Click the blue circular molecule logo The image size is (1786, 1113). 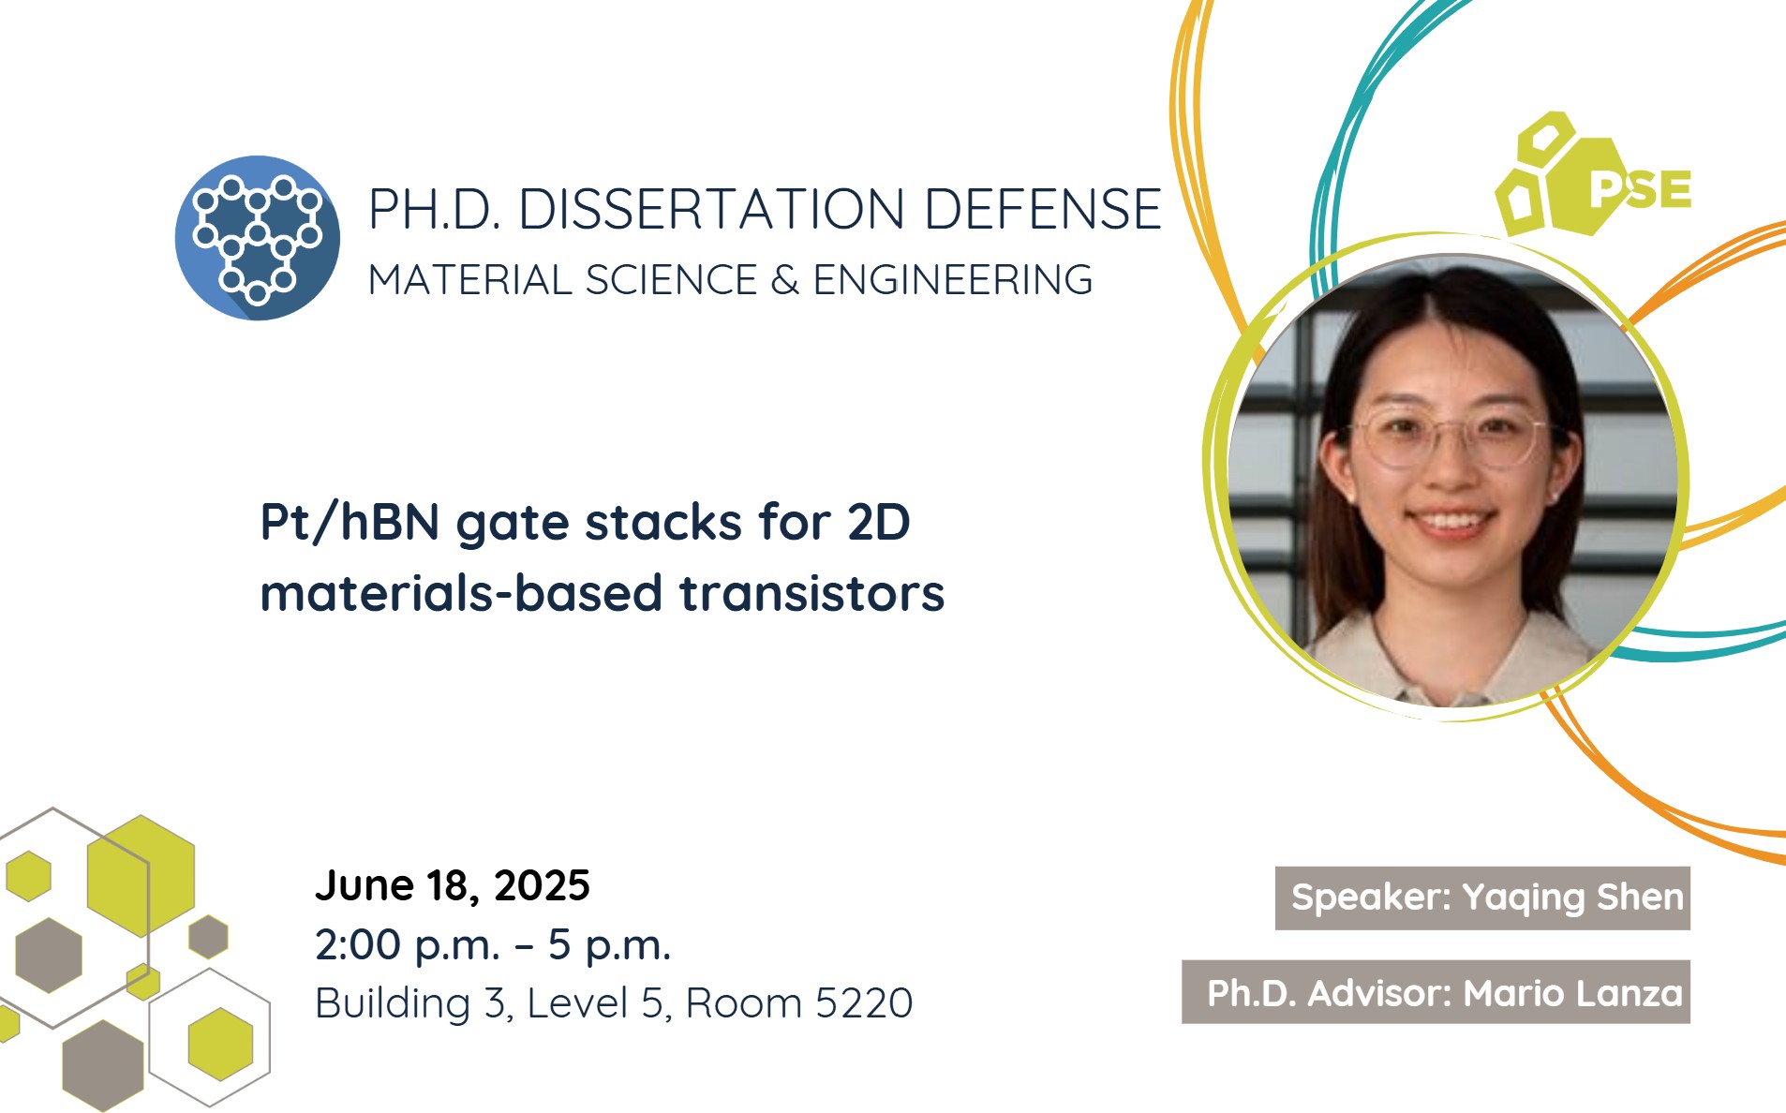tap(258, 238)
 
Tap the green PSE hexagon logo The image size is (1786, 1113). tap(1592, 174)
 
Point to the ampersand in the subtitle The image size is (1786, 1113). tap(784, 280)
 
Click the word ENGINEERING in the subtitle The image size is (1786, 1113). tap(952, 280)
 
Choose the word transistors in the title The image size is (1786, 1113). tap(811, 593)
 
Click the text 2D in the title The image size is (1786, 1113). tap(878, 522)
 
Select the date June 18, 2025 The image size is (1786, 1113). tap(453, 885)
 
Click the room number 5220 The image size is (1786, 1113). tap(863, 1003)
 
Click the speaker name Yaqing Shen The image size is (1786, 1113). tap(1572, 898)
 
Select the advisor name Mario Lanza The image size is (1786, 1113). tap(1573, 993)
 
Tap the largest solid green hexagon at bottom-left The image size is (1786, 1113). tap(141, 875)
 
